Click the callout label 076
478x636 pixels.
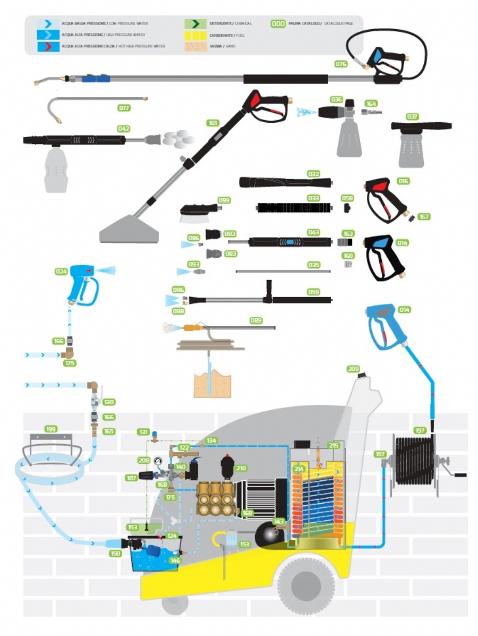(341, 64)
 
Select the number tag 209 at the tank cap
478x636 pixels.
(353, 369)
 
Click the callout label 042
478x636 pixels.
(124, 129)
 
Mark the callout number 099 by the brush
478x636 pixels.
(225, 200)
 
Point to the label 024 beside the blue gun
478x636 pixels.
(62, 271)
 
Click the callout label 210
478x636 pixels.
(241, 468)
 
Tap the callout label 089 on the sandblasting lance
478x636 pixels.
(257, 320)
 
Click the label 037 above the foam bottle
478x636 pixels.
(412, 116)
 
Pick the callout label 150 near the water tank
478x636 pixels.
(115, 554)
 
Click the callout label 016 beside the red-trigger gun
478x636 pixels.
(403, 181)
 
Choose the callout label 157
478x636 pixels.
(380, 454)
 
